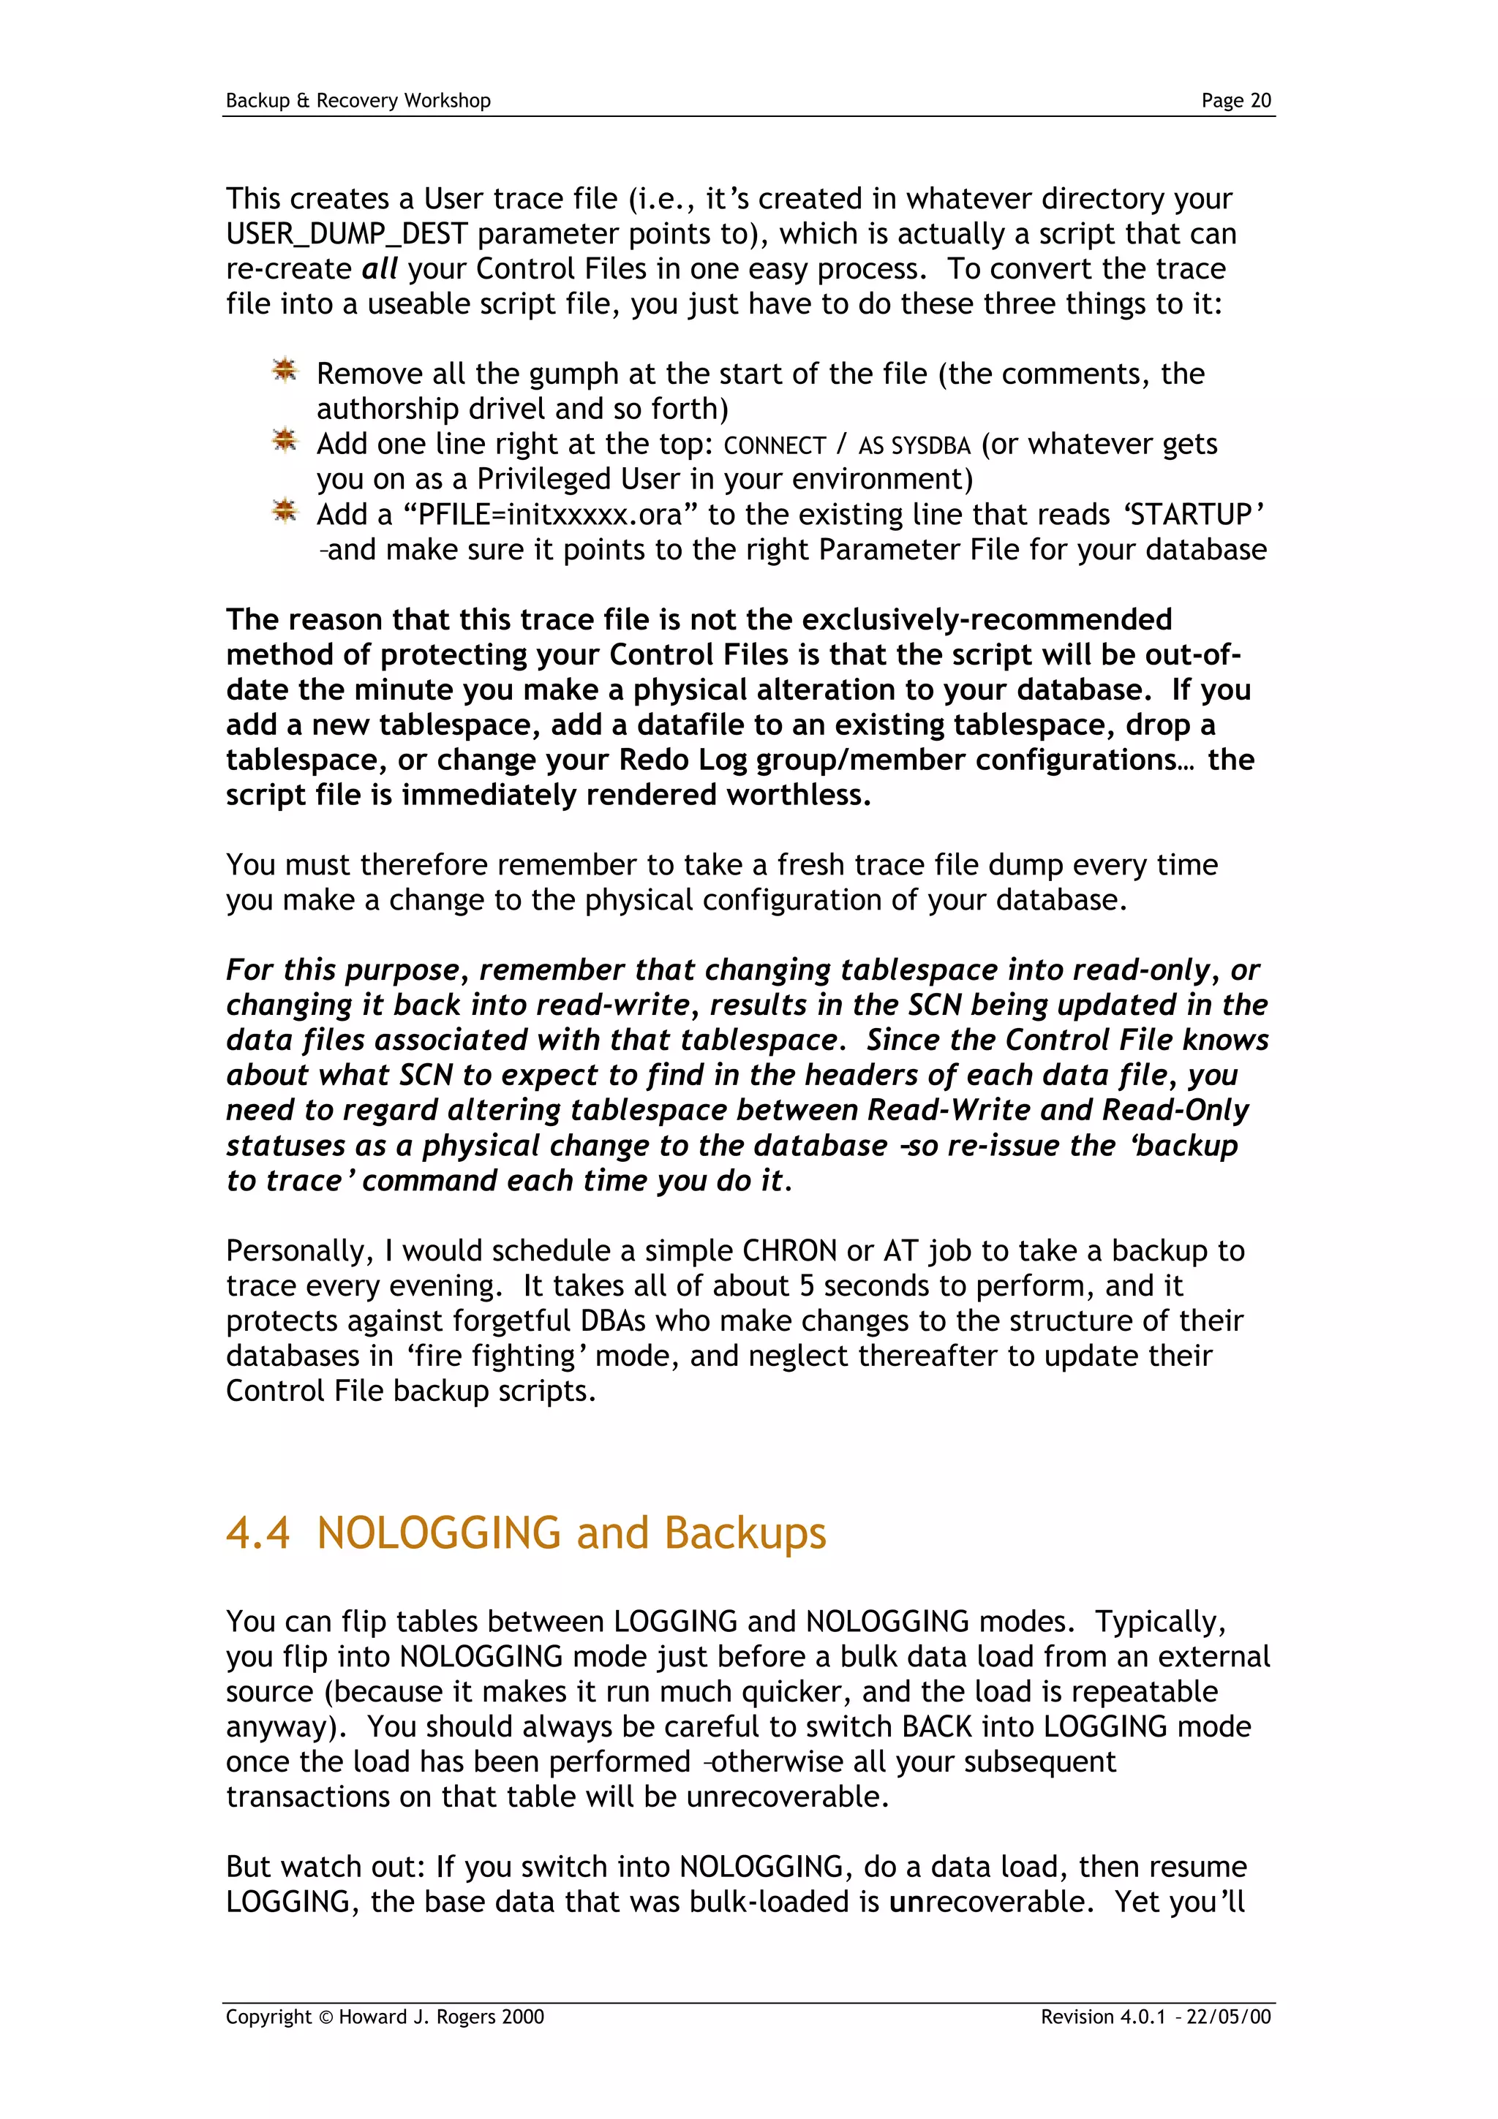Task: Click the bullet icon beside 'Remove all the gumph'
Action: [285, 371]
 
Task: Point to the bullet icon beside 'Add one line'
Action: [285, 441]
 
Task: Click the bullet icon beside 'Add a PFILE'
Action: [285, 511]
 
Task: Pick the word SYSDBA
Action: [930, 446]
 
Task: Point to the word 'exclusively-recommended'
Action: [987, 620]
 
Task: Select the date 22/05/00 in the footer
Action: [1229, 2017]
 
